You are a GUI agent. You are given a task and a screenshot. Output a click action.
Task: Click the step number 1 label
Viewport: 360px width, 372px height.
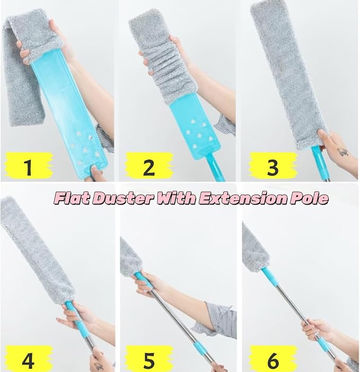tap(28, 167)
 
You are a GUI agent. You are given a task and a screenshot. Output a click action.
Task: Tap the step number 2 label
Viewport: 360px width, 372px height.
tap(149, 167)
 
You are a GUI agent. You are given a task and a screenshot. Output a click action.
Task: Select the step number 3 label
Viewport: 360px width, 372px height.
tap(273, 167)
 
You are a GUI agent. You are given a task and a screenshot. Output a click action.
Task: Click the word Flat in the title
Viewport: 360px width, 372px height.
tap(74, 198)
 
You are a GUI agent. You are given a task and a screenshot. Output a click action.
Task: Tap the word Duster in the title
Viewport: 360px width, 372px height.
tap(125, 198)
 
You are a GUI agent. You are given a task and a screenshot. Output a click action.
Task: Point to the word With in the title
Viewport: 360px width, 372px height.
tap(176, 198)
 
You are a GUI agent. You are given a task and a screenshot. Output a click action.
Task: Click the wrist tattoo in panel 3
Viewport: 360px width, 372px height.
tap(343, 152)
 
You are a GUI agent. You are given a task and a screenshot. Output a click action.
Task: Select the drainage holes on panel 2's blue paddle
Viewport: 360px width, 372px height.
tap(195, 134)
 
